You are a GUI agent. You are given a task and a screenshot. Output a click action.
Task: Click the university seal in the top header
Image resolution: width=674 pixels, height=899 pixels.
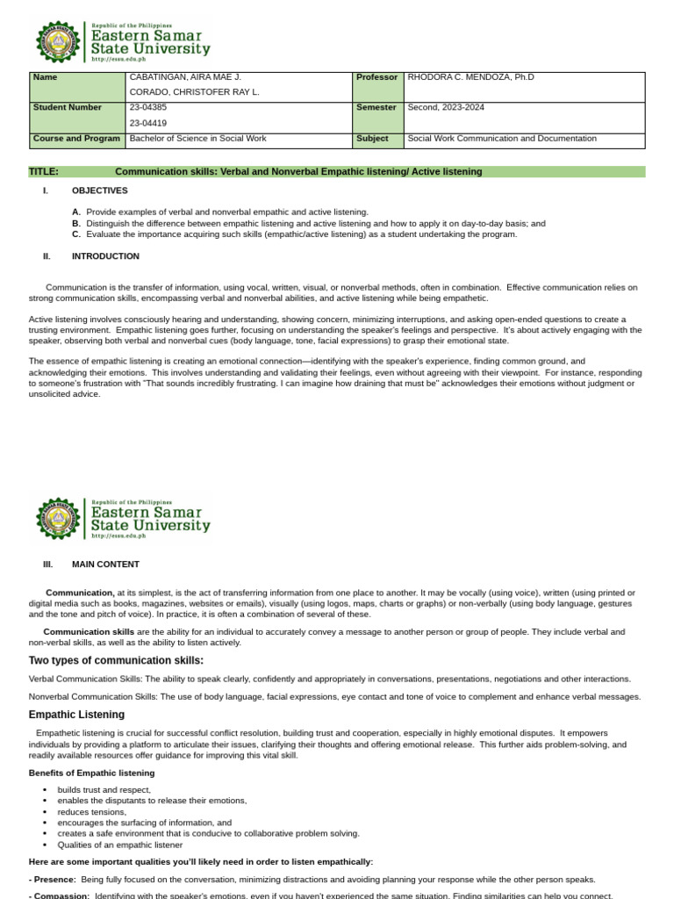[58, 41]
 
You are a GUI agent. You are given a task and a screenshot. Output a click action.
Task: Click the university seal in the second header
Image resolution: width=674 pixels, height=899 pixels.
[58, 518]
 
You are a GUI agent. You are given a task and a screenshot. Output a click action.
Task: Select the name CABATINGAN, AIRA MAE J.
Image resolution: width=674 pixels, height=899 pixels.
[185, 77]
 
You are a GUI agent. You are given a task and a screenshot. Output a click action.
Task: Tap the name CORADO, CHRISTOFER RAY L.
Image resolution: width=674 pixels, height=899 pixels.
[194, 91]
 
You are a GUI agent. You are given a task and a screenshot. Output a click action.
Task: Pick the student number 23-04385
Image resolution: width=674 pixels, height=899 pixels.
[148, 107]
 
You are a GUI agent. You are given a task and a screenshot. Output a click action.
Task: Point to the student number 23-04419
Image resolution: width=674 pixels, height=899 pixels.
[148, 123]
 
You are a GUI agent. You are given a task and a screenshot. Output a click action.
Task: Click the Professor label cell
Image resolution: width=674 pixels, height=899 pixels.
[377, 77]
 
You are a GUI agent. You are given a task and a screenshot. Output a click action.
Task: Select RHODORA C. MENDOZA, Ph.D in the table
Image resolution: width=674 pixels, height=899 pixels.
[470, 77]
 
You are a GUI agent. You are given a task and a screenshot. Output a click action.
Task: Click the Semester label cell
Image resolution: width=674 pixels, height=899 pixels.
[376, 107]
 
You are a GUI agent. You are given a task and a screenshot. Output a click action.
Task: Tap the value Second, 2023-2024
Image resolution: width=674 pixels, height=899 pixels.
[446, 107]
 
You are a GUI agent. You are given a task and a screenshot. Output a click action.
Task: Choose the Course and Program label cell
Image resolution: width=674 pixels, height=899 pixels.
[76, 139]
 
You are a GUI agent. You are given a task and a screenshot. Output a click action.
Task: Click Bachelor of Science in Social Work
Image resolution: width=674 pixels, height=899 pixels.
[197, 139]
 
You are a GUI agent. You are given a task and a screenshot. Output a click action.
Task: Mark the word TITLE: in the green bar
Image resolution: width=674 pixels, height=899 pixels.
[44, 171]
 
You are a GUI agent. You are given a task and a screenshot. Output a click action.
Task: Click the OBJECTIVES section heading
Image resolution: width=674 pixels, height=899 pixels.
[99, 191]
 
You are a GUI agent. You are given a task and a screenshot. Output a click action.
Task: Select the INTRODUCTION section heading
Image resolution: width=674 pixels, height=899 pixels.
[105, 256]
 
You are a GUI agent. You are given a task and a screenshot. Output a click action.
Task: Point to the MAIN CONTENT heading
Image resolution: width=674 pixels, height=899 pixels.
[105, 565]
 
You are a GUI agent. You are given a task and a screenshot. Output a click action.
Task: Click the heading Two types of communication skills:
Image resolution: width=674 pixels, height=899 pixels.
[116, 660]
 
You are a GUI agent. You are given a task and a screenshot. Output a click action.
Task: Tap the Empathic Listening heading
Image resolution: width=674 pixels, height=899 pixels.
[76, 715]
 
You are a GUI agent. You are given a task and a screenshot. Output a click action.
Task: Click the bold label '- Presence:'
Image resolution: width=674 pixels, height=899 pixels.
[53, 879]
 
